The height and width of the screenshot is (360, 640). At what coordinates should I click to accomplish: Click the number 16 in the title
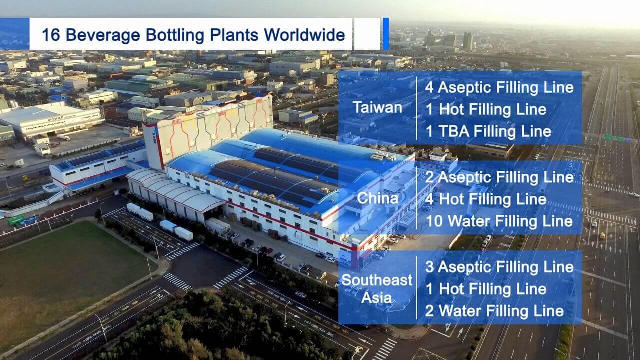(x=51, y=35)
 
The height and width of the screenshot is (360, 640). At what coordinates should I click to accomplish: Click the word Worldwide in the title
(x=304, y=35)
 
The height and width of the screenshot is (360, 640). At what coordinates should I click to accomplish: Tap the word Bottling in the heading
(x=175, y=35)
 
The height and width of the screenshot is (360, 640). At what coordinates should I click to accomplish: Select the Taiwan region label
(x=377, y=108)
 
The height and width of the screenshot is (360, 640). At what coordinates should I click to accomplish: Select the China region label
(x=377, y=198)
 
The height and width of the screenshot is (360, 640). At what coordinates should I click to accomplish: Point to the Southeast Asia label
(x=377, y=289)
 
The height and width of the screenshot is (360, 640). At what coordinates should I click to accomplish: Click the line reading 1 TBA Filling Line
(x=488, y=131)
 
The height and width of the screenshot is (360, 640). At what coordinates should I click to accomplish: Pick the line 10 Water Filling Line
(x=499, y=221)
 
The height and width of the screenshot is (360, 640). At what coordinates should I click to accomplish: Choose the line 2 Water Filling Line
(x=494, y=311)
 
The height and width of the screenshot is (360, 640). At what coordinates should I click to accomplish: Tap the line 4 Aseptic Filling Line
(x=499, y=87)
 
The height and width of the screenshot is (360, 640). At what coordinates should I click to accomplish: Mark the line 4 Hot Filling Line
(x=486, y=199)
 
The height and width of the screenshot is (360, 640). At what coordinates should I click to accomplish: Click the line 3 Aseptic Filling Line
(x=499, y=267)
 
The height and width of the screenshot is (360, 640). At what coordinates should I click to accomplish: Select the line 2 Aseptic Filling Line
(x=499, y=177)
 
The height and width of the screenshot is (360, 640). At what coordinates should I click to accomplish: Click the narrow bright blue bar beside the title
(x=385, y=34)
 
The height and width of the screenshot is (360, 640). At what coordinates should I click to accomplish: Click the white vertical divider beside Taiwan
(x=416, y=108)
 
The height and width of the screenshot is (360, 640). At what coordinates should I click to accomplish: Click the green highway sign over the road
(x=614, y=138)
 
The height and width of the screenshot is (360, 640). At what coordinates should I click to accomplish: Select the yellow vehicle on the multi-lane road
(x=603, y=235)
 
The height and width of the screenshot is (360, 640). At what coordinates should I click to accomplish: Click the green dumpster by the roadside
(x=16, y=220)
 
